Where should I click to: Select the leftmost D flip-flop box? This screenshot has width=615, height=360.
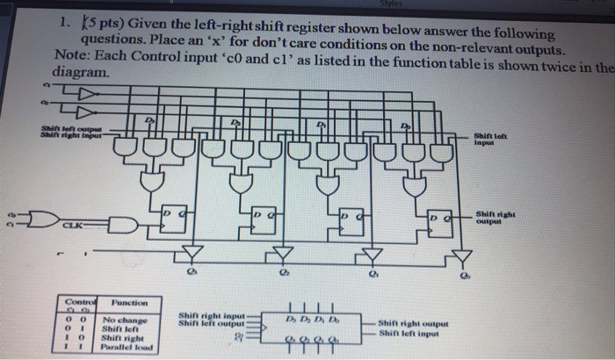[173, 220]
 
